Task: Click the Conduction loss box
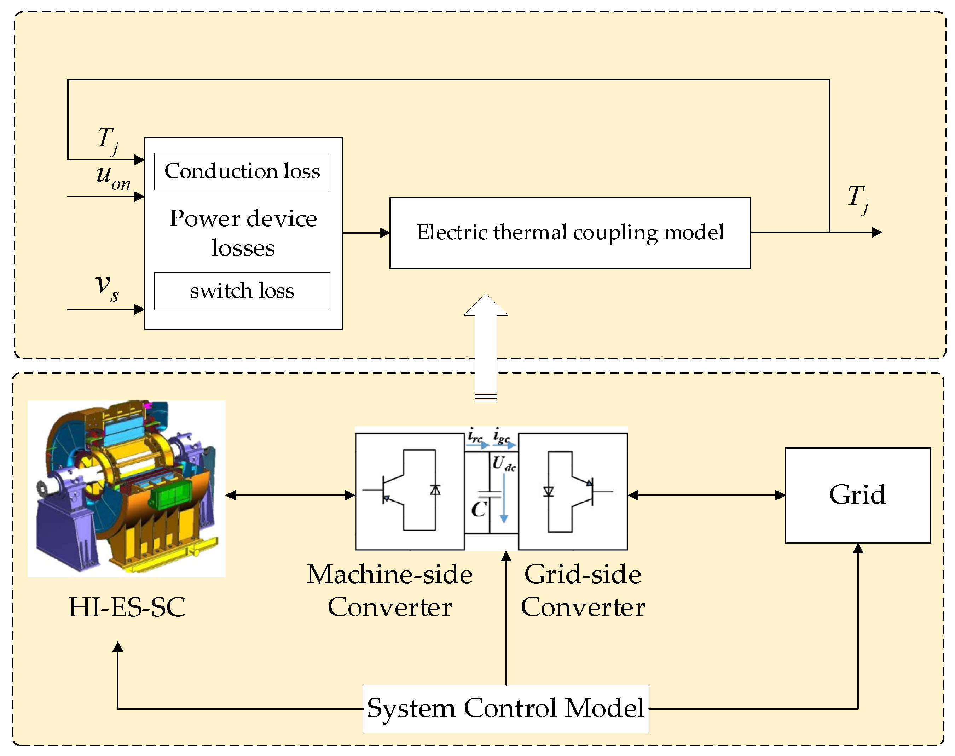tap(242, 172)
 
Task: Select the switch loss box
tap(242, 291)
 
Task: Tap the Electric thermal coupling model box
tap(570, 233)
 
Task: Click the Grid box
tap(858, 495)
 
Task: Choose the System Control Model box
tap(506, 709)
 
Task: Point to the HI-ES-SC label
tap(127, 607)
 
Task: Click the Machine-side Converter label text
tap(390, 591)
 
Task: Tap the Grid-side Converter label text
tap(583, 591)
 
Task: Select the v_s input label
tap(108, 287)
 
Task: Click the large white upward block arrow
tap(486, 347)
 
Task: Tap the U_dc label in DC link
tap(504, 464)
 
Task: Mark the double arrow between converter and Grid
tap(706, 495)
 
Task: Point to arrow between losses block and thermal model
tap(366, 233)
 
